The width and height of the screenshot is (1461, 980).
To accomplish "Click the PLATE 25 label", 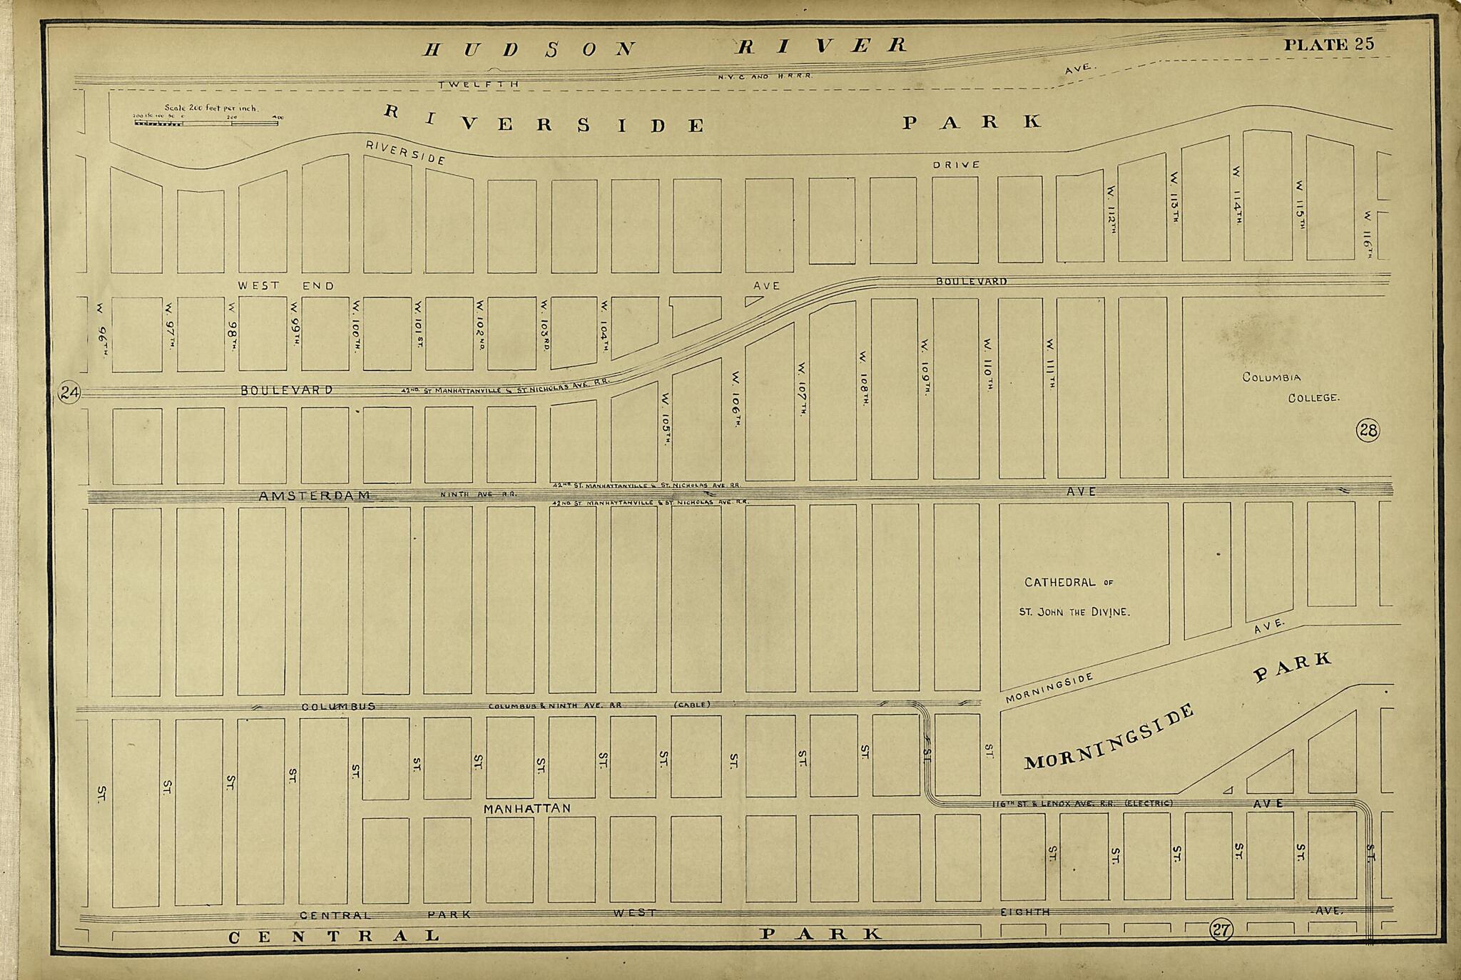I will (1328, 44).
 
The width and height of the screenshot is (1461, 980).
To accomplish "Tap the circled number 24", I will (70, 393).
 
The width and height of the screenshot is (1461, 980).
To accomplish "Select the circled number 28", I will (1368, 430).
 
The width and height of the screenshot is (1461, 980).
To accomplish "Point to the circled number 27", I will (1221, 929).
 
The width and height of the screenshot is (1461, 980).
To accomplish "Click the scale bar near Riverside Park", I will (206, 123).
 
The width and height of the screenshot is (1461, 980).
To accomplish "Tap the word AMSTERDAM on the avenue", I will (315, 495).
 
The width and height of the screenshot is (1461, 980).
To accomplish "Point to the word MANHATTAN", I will (527, 809).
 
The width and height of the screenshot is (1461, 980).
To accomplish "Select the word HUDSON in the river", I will (528, 49).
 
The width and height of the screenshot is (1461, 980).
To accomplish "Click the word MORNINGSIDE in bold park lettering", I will (1109, 737).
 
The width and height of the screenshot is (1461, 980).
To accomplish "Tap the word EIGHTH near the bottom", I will (1024, 912).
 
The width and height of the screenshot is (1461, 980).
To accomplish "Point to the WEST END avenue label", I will (285, 285).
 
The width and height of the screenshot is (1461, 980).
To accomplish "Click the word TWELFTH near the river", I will (478, 84).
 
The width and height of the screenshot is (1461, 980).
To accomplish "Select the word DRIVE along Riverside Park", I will (957, 165).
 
